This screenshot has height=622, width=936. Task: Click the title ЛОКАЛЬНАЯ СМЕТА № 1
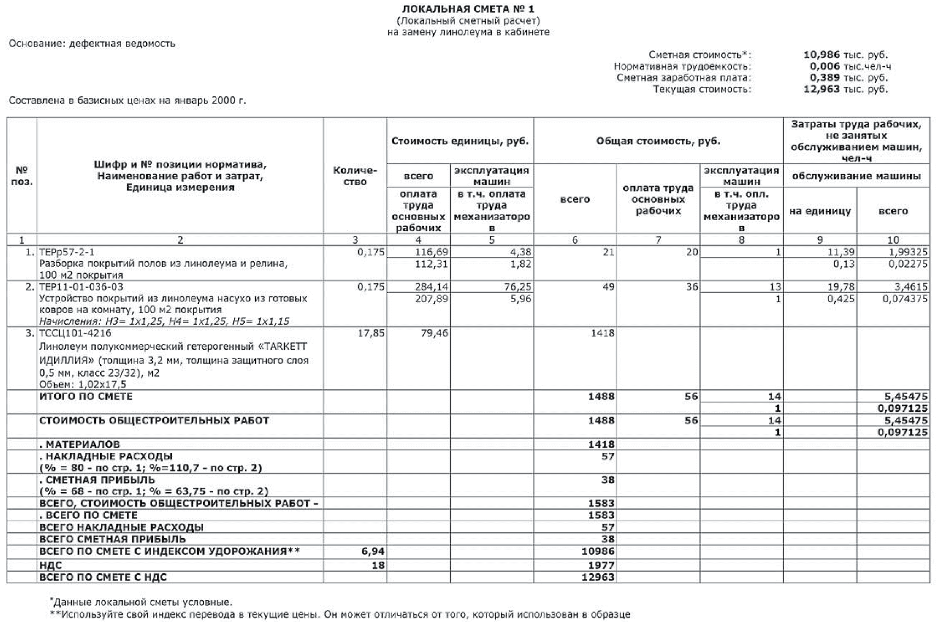pos(468,9)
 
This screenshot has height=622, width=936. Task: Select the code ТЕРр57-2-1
pos(67,252)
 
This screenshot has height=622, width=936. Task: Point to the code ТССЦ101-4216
pos(75,333)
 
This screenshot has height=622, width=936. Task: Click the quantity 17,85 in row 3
pos(371,333)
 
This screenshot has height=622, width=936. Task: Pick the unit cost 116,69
pos(432,252)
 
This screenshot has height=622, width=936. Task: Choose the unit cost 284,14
pos(432,287)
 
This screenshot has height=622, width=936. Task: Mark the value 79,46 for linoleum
pos(434,333)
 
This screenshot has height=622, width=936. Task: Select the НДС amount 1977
pos(601,565)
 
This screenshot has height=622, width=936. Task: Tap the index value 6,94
pos(372,551)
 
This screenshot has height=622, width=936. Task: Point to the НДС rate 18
pos(378,565)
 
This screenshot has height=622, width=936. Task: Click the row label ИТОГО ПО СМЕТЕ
pos(86,396)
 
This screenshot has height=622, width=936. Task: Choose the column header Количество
pos(355,176)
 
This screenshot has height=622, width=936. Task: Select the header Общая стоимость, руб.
pos(658,141)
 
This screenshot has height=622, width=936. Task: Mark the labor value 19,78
pos(841,287)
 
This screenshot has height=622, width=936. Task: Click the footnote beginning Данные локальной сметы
pos(142,602)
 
